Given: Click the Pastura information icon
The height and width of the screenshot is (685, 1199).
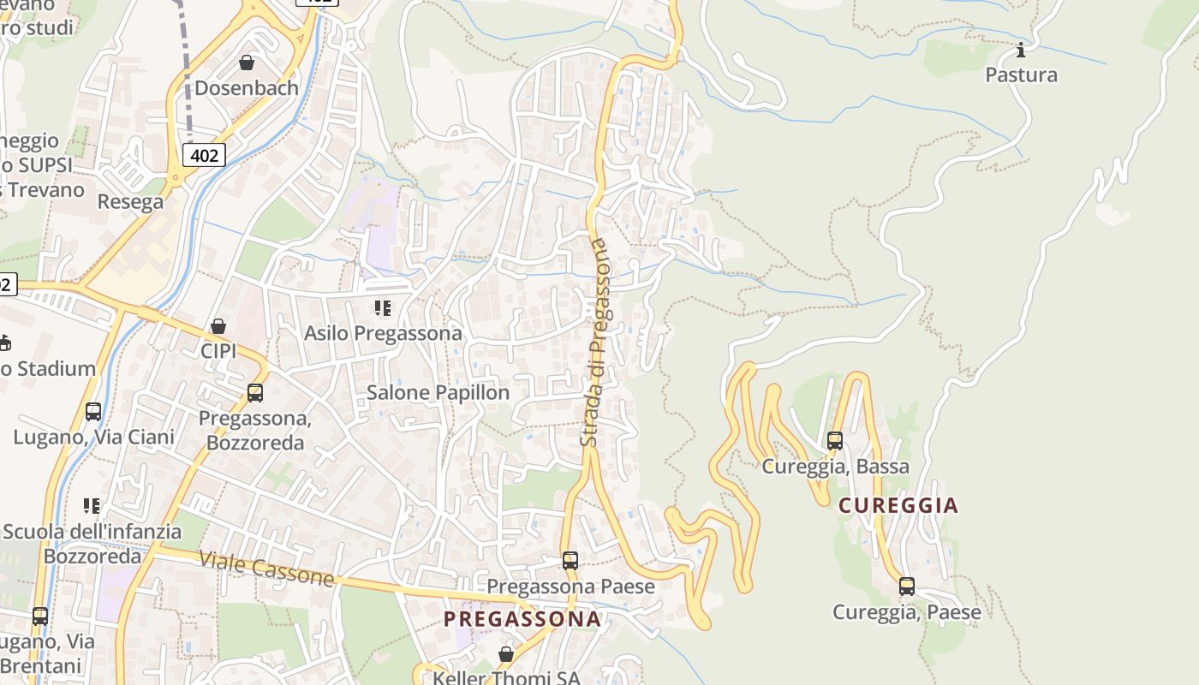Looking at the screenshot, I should tap(1020, 50).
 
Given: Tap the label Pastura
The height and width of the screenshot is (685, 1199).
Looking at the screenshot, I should tap(1021, 74).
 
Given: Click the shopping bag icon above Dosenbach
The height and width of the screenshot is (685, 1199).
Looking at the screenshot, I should tap(247, 63).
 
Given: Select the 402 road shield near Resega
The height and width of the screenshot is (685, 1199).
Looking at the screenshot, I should tap(204, 155).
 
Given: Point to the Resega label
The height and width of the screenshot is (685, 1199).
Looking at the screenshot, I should tap(130, 202).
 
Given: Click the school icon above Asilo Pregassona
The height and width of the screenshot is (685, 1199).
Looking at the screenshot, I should tap(383, 308).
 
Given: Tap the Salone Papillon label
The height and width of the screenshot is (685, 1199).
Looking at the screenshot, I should tap(438, 392).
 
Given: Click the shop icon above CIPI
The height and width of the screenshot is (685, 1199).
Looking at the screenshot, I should tap(218, 326).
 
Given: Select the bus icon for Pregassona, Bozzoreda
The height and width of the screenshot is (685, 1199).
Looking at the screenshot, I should tap(254, 393).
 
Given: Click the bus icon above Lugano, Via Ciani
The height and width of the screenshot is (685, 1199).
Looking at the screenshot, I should tap(93, 412).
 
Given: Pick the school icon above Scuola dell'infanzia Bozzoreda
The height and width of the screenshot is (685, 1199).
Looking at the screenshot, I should tap(92, 506).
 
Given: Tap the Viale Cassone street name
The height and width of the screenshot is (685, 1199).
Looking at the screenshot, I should tap(266, 569).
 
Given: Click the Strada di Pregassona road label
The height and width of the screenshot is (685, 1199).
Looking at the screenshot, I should tap(597, 342).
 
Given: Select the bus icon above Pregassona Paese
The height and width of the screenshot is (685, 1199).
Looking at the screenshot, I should tap(570, 561).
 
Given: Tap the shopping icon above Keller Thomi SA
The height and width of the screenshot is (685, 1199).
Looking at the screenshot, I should tap(506, 654).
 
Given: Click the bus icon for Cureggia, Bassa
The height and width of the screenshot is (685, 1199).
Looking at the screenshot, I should tap(835, 441).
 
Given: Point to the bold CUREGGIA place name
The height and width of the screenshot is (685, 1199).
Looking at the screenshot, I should tap(898, 505).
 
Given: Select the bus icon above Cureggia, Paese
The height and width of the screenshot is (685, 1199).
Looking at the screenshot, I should tap(907, 587).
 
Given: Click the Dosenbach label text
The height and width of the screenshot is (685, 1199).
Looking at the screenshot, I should tap(247, 87).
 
